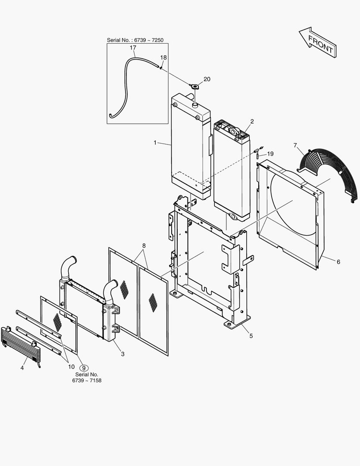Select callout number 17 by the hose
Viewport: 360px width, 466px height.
(133, 48)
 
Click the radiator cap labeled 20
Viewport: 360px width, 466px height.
(194, 87)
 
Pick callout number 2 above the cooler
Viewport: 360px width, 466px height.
(252, 122)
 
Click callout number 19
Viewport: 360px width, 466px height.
(270, 154)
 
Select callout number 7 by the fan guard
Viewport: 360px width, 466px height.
(295, 145)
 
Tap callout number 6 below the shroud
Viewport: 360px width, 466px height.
(338, 261)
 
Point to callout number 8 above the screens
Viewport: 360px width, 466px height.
(144, 246)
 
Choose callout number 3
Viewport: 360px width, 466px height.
(122, 354)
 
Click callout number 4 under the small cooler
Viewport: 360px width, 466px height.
(22, 368)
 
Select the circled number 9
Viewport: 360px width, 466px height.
(84, 368)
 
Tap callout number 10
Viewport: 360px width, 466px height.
(71, 366)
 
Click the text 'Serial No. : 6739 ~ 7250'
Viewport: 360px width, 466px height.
(135, 40)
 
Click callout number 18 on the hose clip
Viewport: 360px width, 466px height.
(163, 57)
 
